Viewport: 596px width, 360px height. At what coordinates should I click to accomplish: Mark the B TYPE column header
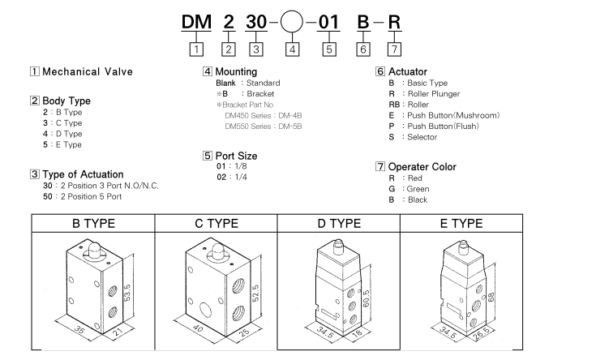click(x=93, y=223)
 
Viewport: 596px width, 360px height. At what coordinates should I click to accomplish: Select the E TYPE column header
click(x=462, y=223)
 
